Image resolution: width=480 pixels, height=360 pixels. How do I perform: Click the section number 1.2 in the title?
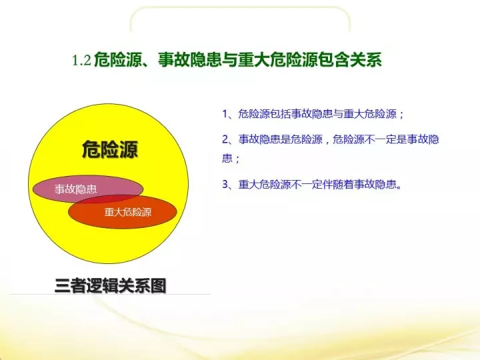(81, 60)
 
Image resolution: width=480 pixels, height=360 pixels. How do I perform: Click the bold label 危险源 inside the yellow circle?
(110, 150)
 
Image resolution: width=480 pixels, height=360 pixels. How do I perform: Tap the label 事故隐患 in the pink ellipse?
(75, 189)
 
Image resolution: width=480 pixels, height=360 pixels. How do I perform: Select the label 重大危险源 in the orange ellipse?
(128, 212)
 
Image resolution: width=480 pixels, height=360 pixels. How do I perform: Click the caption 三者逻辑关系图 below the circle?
(111, 285)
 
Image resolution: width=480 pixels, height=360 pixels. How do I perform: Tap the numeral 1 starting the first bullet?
(225, 114)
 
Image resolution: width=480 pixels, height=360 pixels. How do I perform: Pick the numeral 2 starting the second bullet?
(225, 139)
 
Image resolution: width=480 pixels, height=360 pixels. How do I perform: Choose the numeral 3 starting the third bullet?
(225, 184)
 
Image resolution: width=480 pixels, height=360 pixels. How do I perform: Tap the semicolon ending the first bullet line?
(401, 115)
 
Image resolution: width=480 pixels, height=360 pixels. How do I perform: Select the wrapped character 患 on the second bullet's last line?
(227, 158)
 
